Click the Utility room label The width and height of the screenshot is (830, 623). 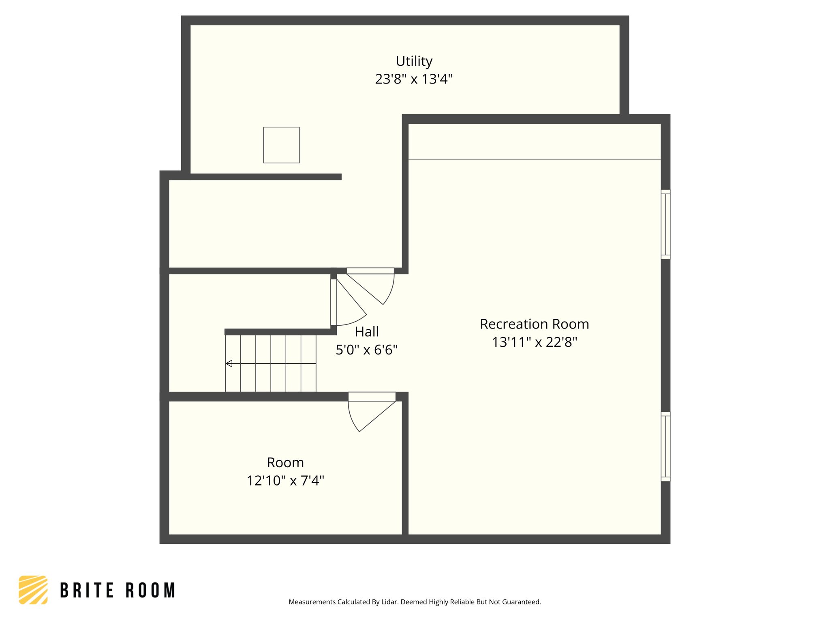(x=414, y=61)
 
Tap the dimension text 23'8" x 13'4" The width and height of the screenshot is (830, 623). (x=414, y=79)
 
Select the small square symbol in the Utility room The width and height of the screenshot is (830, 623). (x=281, y=145)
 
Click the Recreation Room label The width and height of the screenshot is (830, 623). (x=534, y=324)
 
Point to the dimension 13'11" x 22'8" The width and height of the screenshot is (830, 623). (x=534, y=342)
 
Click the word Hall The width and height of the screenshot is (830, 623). (x=366, y=332)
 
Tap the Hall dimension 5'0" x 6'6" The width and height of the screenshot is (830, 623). (x=366, y=350)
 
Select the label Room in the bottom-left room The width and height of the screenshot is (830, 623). (x=285, y=462)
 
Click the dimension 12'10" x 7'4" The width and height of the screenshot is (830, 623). (x=285, y=481)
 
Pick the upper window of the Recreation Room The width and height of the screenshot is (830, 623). (x=665, y=224)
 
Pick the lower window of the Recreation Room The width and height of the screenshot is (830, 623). (x=665, y=446)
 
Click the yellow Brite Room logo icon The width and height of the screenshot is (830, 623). (x=33, y=590)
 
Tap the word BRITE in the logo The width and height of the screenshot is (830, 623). (x=87, y=591)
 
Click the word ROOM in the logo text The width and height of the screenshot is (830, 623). (x=150, y=591)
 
